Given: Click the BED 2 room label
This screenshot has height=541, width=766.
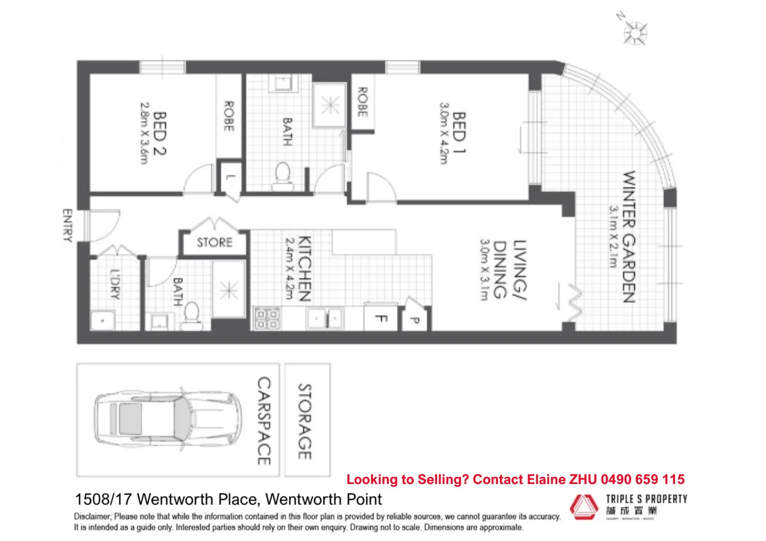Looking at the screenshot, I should pyautogui.click(x=160, y=133).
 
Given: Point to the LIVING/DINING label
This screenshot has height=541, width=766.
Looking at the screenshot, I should pyautogui.click(x=509, y=269).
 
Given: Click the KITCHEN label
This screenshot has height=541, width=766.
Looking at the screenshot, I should pyautogui.click(x=304, y=268).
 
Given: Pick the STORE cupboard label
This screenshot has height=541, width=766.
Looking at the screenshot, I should pyautogui.click(x=215, y=243).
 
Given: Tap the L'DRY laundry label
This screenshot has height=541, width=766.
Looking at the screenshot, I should pyautogui.click(x=115, y=284).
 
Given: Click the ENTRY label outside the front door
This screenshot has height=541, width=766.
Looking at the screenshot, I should pyautogui.click(x=67, y=225).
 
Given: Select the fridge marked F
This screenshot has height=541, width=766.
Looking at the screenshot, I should pyautogui.click(x=381, y=319).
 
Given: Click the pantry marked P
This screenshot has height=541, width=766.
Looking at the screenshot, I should pyautogui.click(x=415, y=320).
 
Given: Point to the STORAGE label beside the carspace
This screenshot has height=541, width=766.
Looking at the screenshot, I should pyautogui.click(x=305, y=421).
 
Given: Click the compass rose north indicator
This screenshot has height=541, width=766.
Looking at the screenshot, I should pyautogui.click(x=635, y=32).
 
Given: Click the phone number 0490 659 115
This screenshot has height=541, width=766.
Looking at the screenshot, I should pyautogui.click(x=642, y=479).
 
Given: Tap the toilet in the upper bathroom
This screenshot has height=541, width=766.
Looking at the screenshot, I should pyautogui.click(x=283, y=175).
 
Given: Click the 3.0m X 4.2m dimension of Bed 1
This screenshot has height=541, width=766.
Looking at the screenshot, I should pyautogui.click(x=444, y=133).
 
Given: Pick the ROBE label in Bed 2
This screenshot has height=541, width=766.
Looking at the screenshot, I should pyautogui.click(x=229, y=116).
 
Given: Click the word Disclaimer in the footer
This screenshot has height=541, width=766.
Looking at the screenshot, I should pyautogui.click(x=92, y=516).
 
